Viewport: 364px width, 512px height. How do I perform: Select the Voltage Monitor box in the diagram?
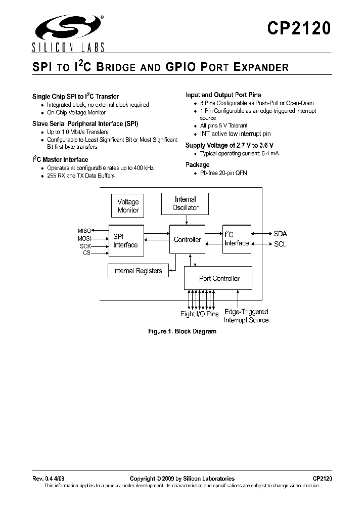(128, 206)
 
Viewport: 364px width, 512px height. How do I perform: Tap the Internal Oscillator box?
(186, 203)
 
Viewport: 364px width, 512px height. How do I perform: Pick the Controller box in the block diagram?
(187, 240)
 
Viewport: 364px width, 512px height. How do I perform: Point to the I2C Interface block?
(236, 239)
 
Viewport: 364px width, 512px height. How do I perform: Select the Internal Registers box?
(138, 271)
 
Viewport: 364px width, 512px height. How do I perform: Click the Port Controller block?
(219, 278)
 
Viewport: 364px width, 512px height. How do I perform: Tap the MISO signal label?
(84, 231)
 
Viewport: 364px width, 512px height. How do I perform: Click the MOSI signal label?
(84, 238)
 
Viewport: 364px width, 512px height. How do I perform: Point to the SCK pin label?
(85, 245)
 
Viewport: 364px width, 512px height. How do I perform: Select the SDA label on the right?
(280, 234)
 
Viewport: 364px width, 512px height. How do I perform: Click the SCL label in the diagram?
(280, 244)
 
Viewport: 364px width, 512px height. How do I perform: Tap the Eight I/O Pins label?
(199, 314)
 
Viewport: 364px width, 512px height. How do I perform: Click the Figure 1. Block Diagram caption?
(182, 331)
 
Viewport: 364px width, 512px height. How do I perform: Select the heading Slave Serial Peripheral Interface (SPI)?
(85, 123)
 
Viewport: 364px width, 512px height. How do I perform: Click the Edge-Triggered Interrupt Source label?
(246, 316)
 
